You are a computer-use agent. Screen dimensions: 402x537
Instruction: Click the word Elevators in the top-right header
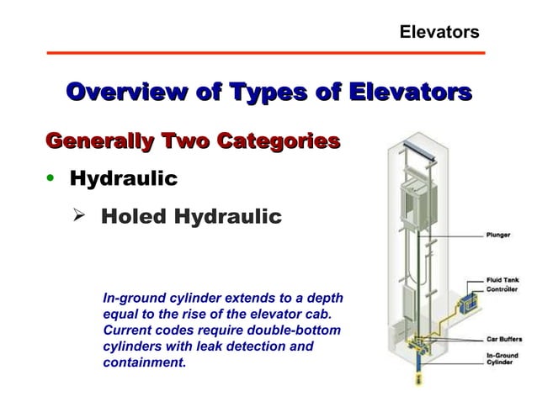click(x=439, y=32)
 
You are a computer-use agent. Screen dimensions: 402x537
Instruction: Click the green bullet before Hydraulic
click(x=52, y=179)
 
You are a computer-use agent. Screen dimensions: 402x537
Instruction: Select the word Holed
click(x=135, y=218)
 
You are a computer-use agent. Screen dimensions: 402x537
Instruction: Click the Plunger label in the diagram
click(x=497, y=235)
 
